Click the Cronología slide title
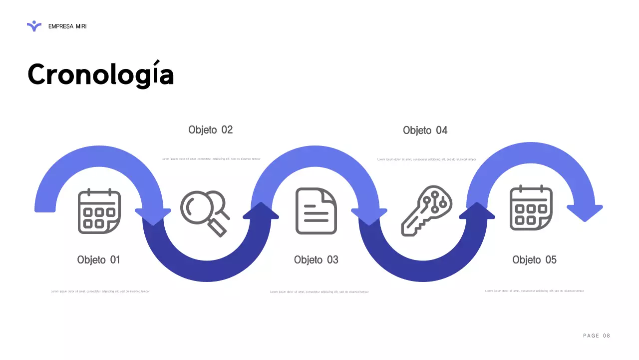point(100,74)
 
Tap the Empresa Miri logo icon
point(34,26)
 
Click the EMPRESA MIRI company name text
point(67,26)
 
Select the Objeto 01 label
point(98,260)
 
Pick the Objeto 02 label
point(210,130)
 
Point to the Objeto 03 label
point(316,260)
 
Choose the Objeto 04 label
point(425,130)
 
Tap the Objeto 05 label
point(534,260)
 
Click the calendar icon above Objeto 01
point(99,211)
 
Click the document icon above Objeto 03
point(316,211)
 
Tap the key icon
point(427,210)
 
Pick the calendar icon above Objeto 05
point(531,208)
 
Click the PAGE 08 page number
point(597,335)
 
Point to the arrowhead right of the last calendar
point(585,212)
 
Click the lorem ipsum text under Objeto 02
point(211,159)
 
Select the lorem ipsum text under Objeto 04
point(426,159)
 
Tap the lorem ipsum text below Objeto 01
point(100,291)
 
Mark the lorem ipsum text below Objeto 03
point(319,292)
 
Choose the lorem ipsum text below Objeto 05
point(534,291)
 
